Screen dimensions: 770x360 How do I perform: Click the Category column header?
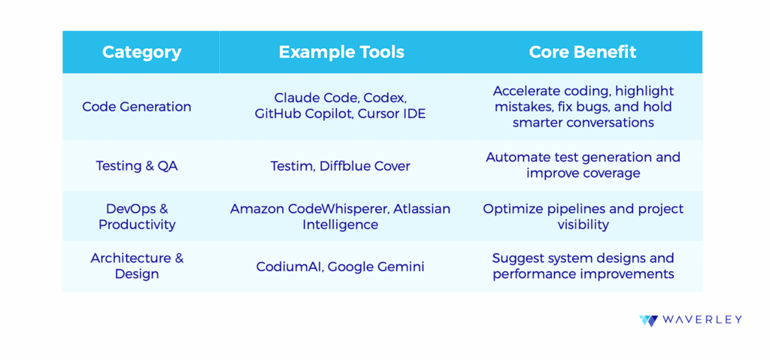[x=141, y=52]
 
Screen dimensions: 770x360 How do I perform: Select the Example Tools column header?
[x=341, y=52]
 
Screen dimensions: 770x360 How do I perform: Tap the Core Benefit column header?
[x=583, y=52]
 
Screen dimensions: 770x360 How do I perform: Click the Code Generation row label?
[x=137, y=107]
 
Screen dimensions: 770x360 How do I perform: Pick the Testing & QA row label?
[x=137, y=166]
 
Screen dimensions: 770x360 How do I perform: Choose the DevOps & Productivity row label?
[x=137, y=216]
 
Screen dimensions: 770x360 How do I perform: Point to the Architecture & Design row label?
[x=137, y=266]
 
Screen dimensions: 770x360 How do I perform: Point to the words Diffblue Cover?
[x=365, y=166]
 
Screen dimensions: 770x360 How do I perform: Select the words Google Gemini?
[x=376, y=267]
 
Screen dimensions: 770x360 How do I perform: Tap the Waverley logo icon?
[x=648, y=321]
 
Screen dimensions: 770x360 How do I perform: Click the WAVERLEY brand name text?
[x=702, y=320]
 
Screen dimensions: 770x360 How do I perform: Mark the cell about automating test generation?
[x=583, y=165]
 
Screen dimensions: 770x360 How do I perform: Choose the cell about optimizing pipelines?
[x=583, y=216]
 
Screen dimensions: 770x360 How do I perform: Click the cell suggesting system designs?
[x=583, y=266]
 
